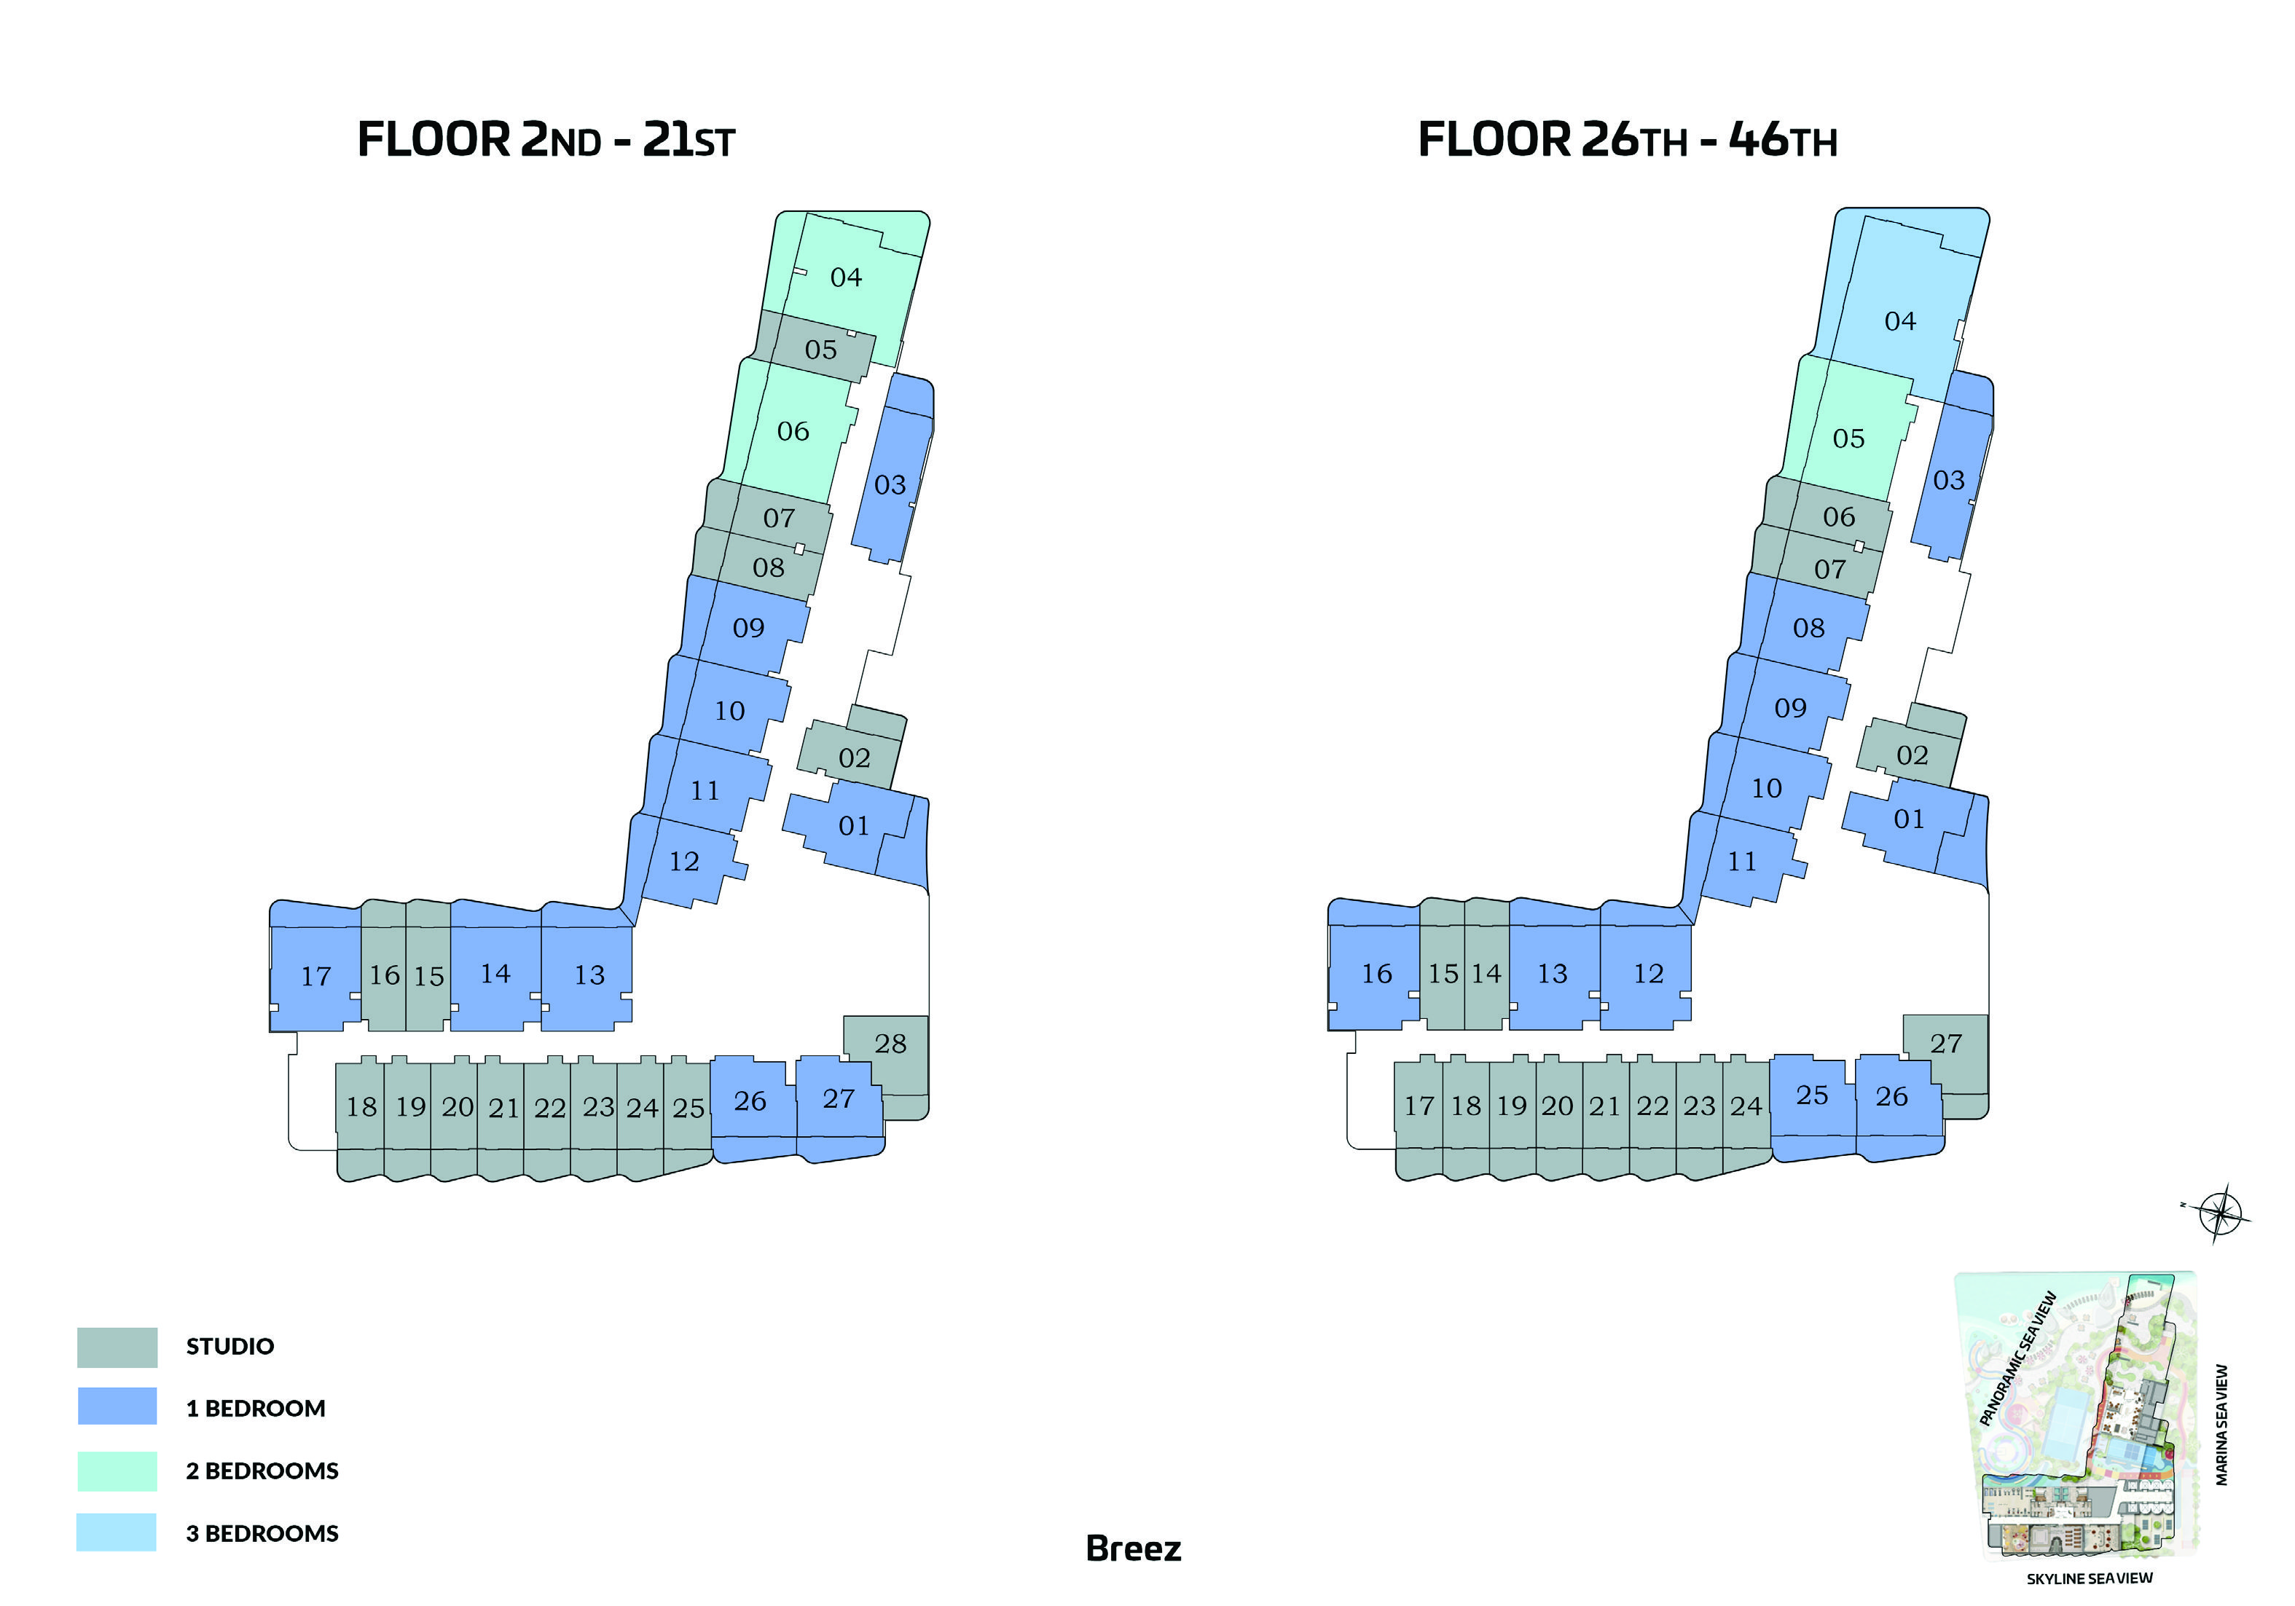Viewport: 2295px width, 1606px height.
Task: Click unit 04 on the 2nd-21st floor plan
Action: tap(846, 277)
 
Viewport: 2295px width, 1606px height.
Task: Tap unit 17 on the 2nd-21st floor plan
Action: tap(316, 977)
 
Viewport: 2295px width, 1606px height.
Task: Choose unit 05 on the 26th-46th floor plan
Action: tap(1848, 438)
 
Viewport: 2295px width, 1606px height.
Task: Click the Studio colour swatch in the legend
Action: tap(117, 1347)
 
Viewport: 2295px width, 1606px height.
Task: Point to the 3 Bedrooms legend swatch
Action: tap(117, 1532)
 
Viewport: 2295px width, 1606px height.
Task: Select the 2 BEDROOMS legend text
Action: tap(262, 1471)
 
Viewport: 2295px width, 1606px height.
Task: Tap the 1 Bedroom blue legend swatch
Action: tap(117, 1406)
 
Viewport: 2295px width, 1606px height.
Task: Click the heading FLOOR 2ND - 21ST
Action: tap(546, 139)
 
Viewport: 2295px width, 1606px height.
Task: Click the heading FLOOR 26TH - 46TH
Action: tap(1628, 139)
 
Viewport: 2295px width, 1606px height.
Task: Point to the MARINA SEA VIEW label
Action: tap(2221, 1425)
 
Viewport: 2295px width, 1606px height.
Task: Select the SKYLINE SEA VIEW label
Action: tap(2089, 1579)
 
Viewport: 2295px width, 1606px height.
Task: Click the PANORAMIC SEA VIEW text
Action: tap(2017, 1359)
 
